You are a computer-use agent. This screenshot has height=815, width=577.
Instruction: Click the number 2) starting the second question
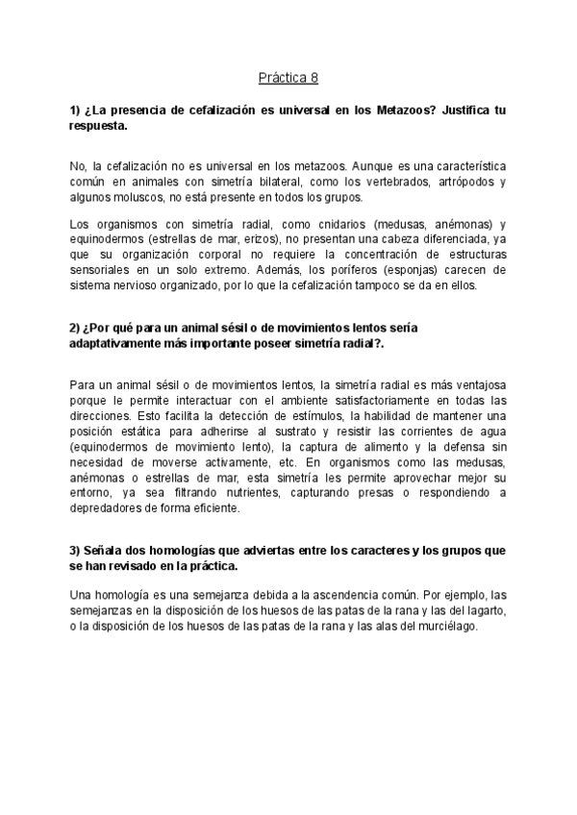[76, 328]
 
